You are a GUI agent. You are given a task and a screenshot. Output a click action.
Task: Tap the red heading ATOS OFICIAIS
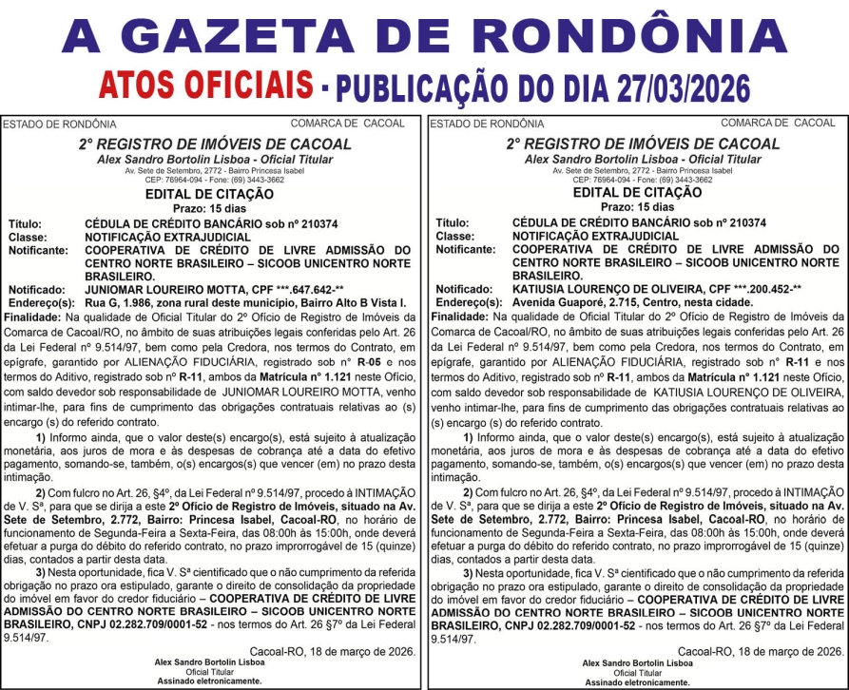click(x=206, y=86)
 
